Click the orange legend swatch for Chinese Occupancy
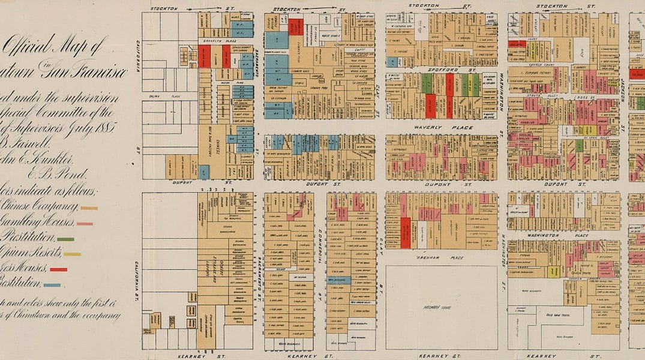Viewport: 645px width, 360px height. pos(89,208)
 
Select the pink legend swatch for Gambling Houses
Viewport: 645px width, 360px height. pos(85,224)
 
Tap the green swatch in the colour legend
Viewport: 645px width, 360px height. pos(65,239)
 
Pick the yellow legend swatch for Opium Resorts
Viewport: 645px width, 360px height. pos(72,254)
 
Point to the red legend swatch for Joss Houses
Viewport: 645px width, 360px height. pos(58,269)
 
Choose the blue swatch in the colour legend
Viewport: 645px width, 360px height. pos(52,285)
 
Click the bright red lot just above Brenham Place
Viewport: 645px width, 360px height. pos(406,233)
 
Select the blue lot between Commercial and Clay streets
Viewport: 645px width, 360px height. pos(339,280)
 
